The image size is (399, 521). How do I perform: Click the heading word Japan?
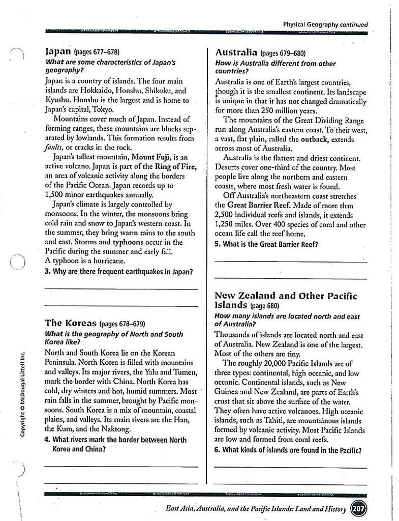click(58, 51)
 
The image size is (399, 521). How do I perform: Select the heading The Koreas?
click(70, 323)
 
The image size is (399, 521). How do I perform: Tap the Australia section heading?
click(236, 52)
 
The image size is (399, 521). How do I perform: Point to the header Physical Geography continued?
click(325, 24)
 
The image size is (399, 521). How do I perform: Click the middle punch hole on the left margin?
click(17, 263)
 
